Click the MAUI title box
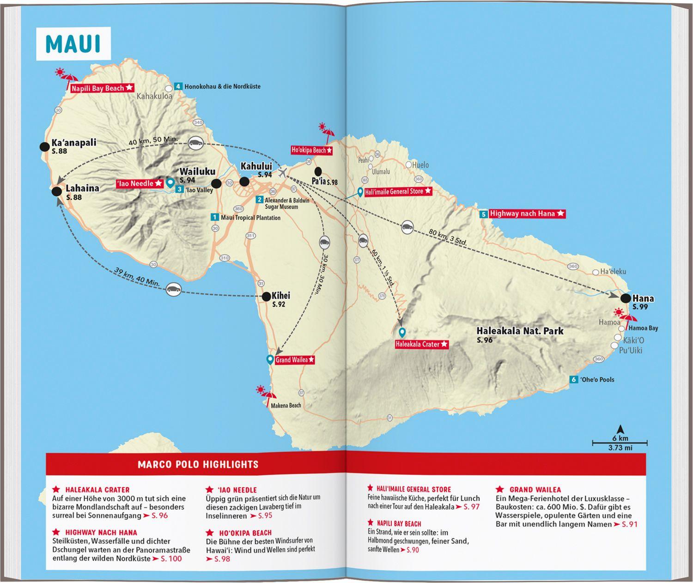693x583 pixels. click(73, 44)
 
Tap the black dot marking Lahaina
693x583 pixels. click(57, 192)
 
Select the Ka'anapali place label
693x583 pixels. click(74, 143)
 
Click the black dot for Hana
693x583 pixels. click(626, 298)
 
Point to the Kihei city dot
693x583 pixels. click(266, 297)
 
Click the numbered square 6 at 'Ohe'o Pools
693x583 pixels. click(574, 380)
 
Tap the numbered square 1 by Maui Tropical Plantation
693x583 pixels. click(214, 217)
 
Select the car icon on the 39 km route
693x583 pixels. click(174, 289)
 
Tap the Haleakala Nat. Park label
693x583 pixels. click(520, 331)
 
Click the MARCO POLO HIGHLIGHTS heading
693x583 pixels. click(198, 464)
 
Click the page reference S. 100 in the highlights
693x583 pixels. click(171, 559)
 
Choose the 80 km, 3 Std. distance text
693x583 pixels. click(449, 238)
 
